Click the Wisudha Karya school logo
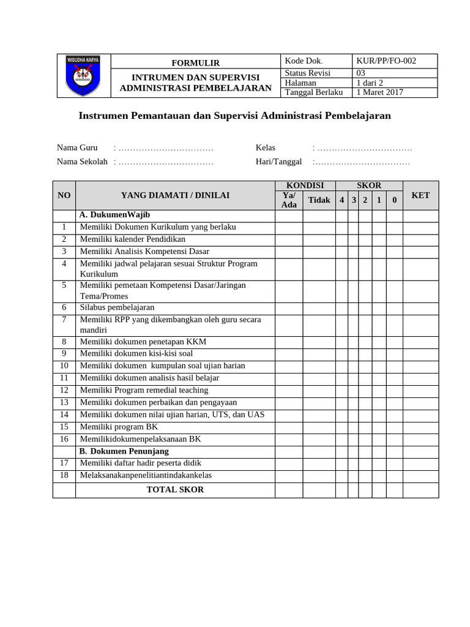click(x=83, y=76)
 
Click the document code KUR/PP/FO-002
click(x=386, y=61)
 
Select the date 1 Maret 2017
click(x=379, y=92)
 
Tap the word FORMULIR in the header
click(x=195, y=63)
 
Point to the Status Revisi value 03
click(x=361, y=73)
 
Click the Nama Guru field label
click(x=77, y=148)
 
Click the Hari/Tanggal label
click(x=278, y=162)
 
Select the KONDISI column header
click(x=305, y=186)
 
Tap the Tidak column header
click(x=319, y=200)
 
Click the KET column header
click(x=420, y=195)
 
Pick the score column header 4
click(x=341, y=200)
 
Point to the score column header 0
click(x=395, y=200)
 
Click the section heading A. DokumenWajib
click(x=115, y=215)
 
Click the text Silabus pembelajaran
click(x=117, y=307)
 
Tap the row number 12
click(x=64, y=390)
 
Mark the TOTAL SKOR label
click(x=175, y=490)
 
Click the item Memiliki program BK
click(x=119, y=427)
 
